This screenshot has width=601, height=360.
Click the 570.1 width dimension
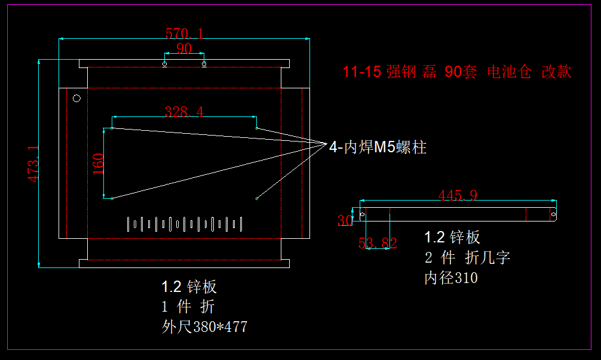tap(184, 33)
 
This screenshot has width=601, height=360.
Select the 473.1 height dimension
tap(33, 164)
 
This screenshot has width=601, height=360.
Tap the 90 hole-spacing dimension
tap(184, 48)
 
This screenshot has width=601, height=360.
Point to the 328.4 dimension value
tap(184, 111)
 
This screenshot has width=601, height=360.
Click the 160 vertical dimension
tap(99, 164)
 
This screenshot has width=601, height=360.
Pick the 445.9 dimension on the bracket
tap(458, 195)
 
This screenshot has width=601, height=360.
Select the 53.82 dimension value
tap(378, 242)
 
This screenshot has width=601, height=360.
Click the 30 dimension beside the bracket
tap(345, 221)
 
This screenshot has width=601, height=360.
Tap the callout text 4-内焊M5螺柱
tap(378, 147)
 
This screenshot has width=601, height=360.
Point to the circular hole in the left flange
tap(76, 99)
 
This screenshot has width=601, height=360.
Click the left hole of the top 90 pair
tap(165, 63)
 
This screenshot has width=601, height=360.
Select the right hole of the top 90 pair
tap(204, 63)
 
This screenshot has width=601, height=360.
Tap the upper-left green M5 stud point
tap(112, 128)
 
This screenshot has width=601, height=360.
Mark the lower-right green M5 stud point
tap(256, 198)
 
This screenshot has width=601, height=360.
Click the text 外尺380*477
tap(204, 327)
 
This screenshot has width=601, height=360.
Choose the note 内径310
tap(451, 278)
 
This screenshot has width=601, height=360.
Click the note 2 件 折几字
tap(467, 258)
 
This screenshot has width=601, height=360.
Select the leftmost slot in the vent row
tap(128, 224)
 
